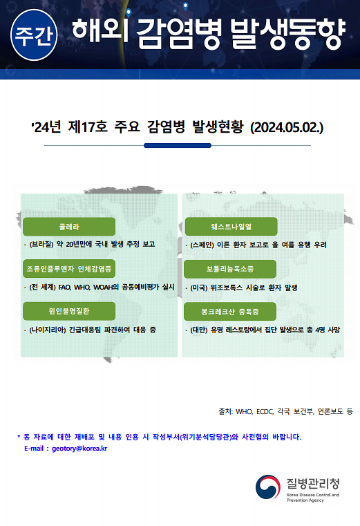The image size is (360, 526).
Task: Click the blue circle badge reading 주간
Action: pos(34,35)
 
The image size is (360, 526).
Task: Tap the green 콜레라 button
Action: pos(69,227)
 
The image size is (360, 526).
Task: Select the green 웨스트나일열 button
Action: pos(231,227)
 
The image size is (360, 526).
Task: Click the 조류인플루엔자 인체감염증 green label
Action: pos(69,269)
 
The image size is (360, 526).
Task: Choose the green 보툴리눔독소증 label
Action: pos(230,269)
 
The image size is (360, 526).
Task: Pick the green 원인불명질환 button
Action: pos(69,311)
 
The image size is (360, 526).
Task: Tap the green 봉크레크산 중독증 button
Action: pos(230,312)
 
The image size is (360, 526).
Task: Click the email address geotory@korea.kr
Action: pos(79,449)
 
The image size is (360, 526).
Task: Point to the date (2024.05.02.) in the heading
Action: pos(287,127)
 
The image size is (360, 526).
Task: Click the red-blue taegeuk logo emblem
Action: pos(267,487)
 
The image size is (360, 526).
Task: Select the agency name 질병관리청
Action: pos(313,483)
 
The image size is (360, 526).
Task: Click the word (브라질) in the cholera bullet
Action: pos(41,244)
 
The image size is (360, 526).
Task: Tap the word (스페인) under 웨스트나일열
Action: pos(202,245)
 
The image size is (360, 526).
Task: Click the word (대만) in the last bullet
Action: pos(199,330)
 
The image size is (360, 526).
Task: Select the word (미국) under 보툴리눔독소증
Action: pos(199,288)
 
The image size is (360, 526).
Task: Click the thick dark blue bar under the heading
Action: pos(178,145)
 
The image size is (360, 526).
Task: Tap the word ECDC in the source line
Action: pos(265,412)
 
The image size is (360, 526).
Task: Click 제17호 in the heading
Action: pos(88,127)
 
